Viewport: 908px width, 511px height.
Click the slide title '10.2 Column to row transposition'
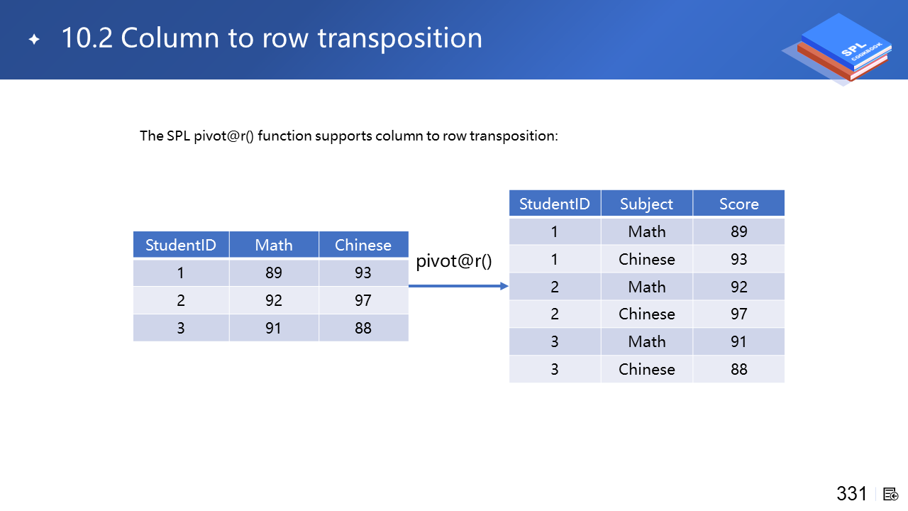tap(272, 38)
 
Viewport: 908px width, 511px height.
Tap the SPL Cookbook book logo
tap(839, 49)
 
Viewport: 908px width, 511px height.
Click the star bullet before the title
tap(35, 39)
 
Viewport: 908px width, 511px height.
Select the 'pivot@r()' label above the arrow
tap(453, 260)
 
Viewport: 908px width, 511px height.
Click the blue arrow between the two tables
tap(458, 286)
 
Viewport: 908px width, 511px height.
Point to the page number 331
tap(852, 493)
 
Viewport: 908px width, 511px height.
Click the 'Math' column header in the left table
tap(274, 245)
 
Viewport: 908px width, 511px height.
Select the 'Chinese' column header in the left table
tap(363, 245)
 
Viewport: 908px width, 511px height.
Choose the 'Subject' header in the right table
tap(646, 204)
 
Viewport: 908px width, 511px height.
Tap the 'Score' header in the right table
tap(739, 204)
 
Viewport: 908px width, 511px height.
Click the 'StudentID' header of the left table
tap(181, 245)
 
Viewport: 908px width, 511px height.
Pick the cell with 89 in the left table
tap(274, 273)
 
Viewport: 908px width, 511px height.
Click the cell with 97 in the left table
tap(363, 300)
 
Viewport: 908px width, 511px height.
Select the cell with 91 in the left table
tap(274, 328)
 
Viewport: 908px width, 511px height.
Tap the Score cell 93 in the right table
tap(739, 259)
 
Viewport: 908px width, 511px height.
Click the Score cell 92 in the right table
tap(739, 287)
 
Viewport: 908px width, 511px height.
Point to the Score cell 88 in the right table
tap(739, 369)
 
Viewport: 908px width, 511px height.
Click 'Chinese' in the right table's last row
tap(646, 369)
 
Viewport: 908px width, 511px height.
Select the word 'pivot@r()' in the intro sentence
tap(223, 136)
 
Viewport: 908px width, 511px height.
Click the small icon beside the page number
tap(890, 495)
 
